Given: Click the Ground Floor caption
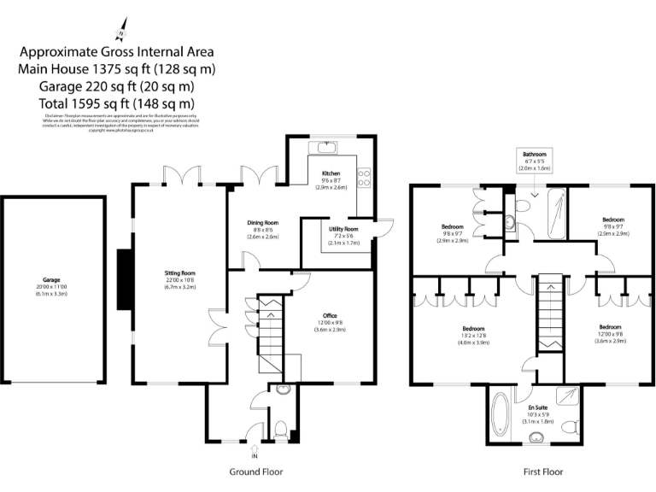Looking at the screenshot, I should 256,471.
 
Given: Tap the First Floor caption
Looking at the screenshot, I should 542,471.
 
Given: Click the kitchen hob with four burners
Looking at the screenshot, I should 362,179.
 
